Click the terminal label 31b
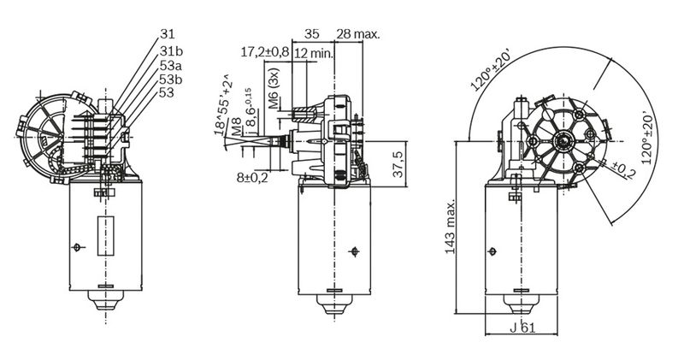click(171, 51)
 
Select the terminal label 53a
click(171, 66)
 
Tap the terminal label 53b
click(171, 79)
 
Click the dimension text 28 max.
click(358, 34)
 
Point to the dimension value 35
click(312, 33)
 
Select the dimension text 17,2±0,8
click(265, 52)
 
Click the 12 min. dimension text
click(314, 54)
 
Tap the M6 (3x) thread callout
click(274, 88)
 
